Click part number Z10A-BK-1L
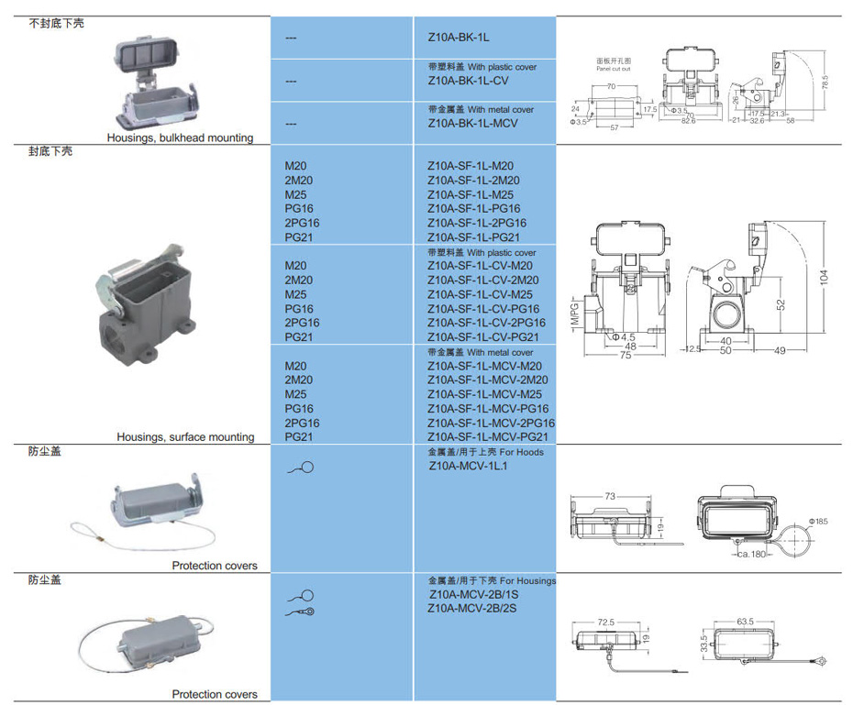click(460, 39)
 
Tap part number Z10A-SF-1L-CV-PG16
click(483, 309)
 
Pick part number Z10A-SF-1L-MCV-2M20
click(488, 380)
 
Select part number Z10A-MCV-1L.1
click(468, 466)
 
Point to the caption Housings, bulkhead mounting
click(180, 138)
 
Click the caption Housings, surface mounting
click(185, 437)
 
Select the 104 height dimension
click(824, 275)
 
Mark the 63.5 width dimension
click(744, 621)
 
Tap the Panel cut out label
click(614, 69)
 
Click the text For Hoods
click(523, 452)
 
